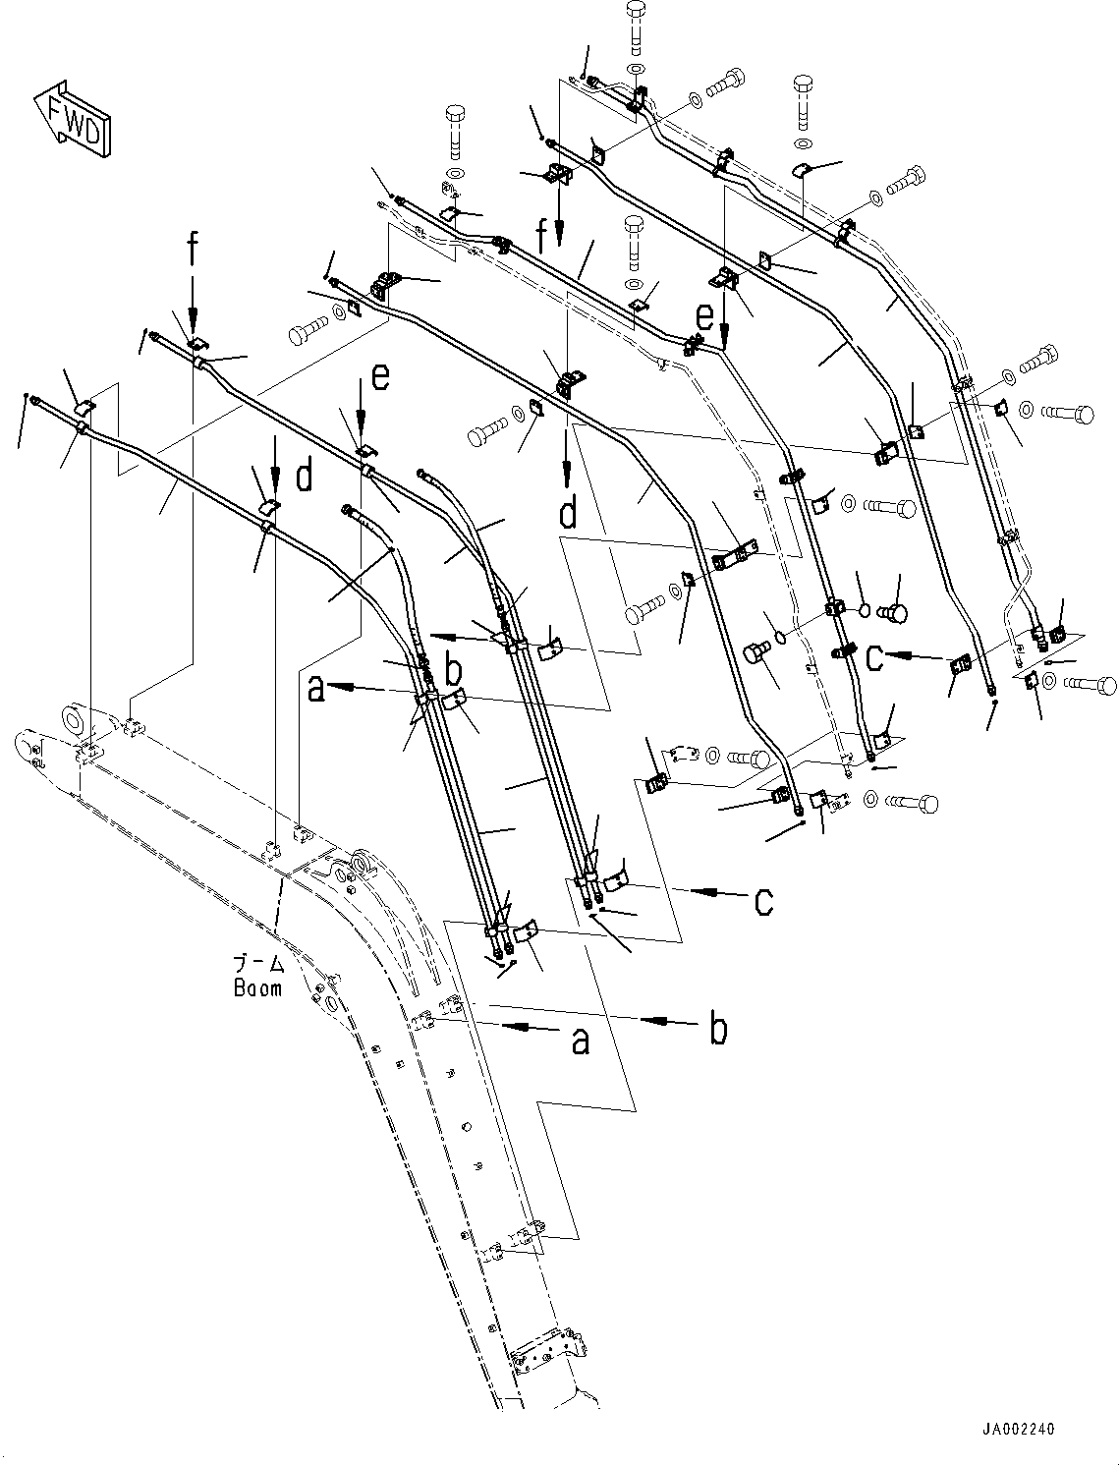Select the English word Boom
[x=257, y=988]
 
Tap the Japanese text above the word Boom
[x=257, y=965]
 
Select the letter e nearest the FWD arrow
[x=381, y=376]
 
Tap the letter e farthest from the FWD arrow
[x=703, y=317]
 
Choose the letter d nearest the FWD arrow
[x=304, y=478]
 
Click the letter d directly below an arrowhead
[x=568, y=512]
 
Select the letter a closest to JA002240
[x=581, y=1040]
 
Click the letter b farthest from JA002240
[x=453, y=673]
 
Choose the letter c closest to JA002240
[x=762, y=900]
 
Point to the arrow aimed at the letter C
[x=913, y=655]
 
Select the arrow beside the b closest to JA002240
[x=667, y=1022]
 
